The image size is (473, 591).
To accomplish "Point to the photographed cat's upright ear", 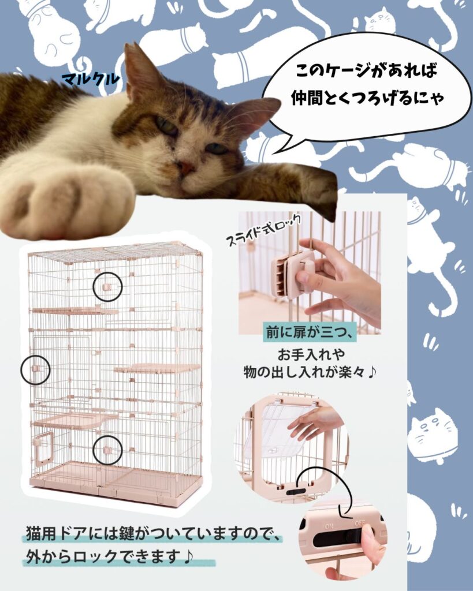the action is point(140,70).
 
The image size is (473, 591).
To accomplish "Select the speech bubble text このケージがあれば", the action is point(366,70).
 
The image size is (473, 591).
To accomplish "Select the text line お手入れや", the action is point(311,354).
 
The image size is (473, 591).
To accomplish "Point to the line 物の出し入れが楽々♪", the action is point(310,372).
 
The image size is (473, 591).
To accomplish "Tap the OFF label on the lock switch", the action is point(360,523).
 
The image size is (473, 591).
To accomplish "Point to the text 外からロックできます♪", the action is point(109,556).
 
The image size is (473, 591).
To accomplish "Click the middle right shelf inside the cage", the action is point(157,368).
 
